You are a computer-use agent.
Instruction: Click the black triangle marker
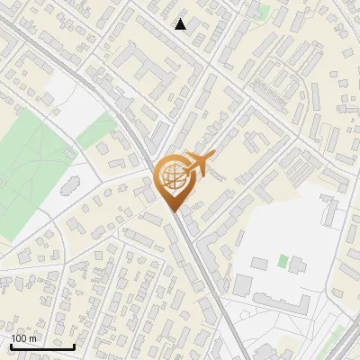click(181, 24)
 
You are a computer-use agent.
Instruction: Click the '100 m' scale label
click(24, 338)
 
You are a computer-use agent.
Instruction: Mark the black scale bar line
click(42, 346)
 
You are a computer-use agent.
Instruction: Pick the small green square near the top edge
click(263, 11)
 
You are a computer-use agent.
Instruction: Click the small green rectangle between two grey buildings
click(283, 261)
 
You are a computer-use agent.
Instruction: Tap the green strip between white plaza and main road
click(95, 131)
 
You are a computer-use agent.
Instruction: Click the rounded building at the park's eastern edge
click(67, 187)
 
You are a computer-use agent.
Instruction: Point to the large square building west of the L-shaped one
click(243, 286)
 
